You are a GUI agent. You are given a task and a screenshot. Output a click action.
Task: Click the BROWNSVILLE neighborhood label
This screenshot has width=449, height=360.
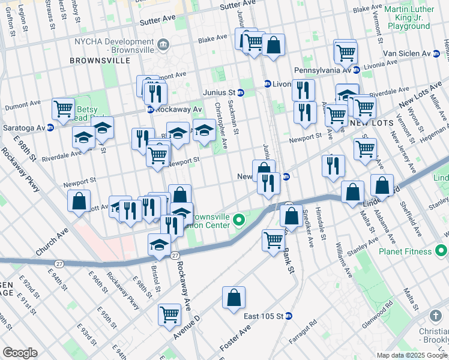pyautogui.click(x=100, y=61)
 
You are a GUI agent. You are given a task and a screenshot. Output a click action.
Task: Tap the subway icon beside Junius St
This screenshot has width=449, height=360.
pyautogui.click(x=240, y=92)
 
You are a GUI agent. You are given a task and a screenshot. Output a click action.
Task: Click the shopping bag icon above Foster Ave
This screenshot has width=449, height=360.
pyautogui.click(x=234, y=298)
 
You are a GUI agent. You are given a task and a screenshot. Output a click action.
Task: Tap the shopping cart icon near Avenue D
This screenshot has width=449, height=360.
pyautogui.click(x=169, y=314)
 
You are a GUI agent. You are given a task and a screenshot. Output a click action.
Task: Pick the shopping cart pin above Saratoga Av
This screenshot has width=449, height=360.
pyautogui.click(x=63, y=109)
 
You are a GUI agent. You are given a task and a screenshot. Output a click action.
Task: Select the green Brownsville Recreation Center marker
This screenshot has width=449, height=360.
pyautogui.click(x=238, y=220)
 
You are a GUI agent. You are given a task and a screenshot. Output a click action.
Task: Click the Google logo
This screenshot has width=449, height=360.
pyautogui.click(x=20, y=353)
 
